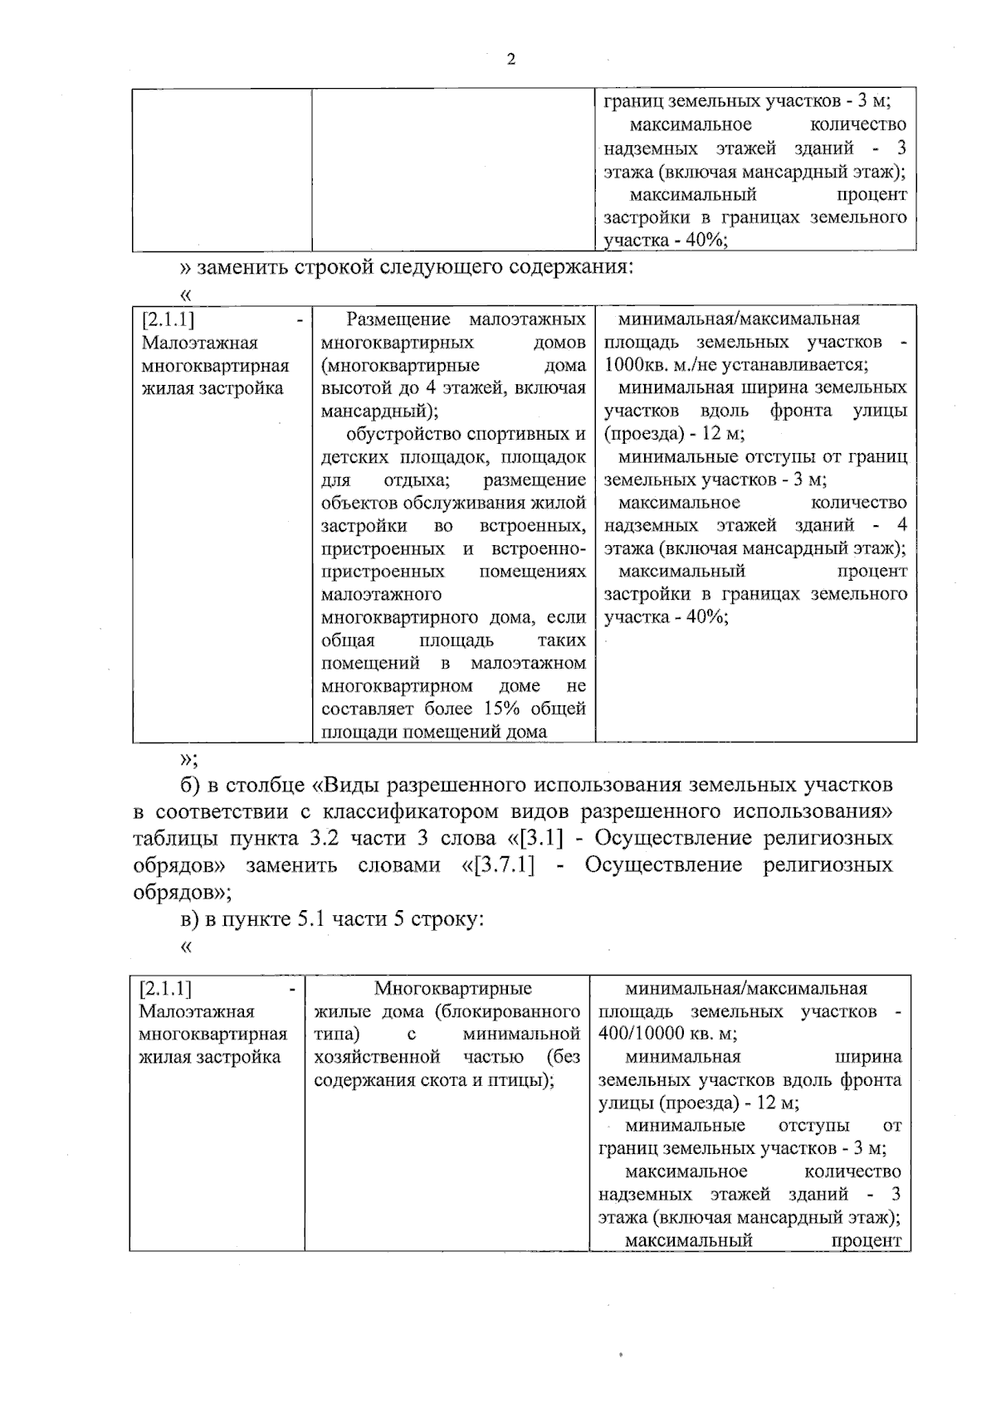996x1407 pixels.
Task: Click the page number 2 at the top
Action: tap(510, 60)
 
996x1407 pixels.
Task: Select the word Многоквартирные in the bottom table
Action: tap(452, 989)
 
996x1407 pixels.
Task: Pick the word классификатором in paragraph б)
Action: tap(420, 811)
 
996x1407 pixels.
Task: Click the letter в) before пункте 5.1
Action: tap(190, 920)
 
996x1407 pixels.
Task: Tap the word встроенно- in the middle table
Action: tap(539, 549)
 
